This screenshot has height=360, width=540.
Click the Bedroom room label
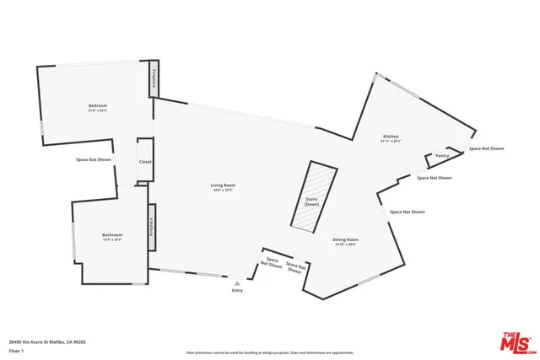pyautogui.click(x=97, y=105)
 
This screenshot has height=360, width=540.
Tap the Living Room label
pyautogui.click(x=223, y=185)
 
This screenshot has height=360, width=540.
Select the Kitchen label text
pyautogui.click(x=390, y=137)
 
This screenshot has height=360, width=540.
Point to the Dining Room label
pyautogui.click(x=344, y=239)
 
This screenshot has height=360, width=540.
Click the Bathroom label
pyautogui.click(x=112, y=234)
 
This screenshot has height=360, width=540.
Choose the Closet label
pyautogui.click(x=145, y=161)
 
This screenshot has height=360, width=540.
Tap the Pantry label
pyautogui.click(x=441, y=156)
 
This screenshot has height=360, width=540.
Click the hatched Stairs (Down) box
pyautogui.click(x=311, y=199)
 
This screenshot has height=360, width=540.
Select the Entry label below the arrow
pyautogui.click(x=237, y=291)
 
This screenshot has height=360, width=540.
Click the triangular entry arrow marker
pyautogui.click(x=237, y=283)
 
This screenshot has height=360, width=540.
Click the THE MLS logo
pyautogui.click(x=517, y=341)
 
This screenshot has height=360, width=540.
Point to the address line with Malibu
pyautogui.click(x=47, y=341)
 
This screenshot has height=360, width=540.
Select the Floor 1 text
pyautogui.click(x=17, y=350)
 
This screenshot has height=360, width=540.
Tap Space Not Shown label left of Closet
pyautogui.click(x=93, y=159)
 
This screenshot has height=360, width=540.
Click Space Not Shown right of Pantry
pyautogui.click(x=486, y=148)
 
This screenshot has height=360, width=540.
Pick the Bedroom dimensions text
pyautogui.click(x=97, y=110)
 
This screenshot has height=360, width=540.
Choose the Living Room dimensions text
pyautogui.click(x=223, y=190)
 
